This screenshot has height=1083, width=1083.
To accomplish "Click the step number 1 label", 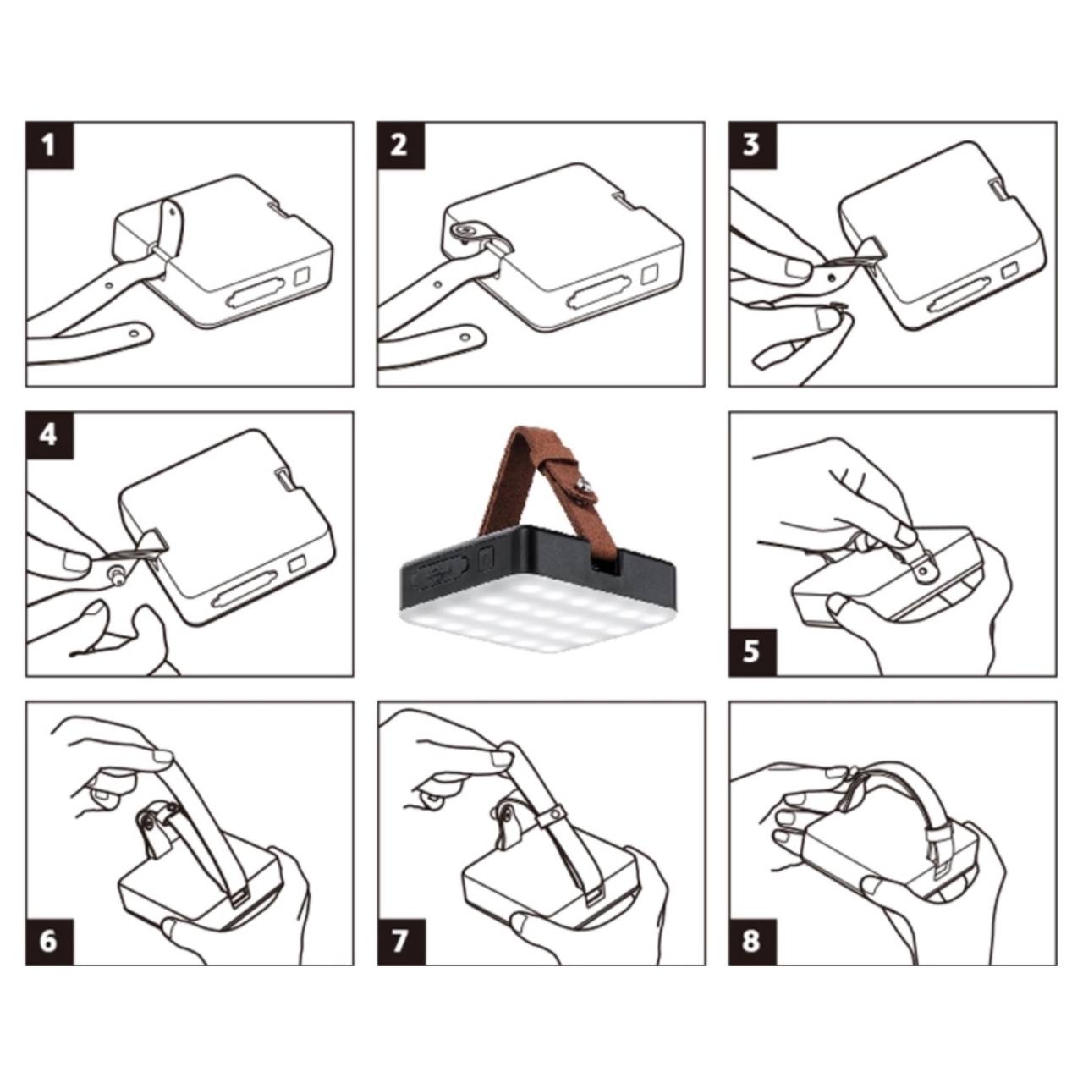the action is (49, 145).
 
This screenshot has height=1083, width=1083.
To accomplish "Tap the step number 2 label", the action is (400, 145).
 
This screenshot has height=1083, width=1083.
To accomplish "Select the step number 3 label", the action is (752, 145).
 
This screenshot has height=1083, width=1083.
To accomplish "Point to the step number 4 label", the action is (49, 435).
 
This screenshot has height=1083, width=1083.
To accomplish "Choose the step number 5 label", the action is (752, 652).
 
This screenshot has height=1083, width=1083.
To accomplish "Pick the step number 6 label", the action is (49, 942).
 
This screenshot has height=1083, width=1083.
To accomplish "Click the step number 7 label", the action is (400, 942).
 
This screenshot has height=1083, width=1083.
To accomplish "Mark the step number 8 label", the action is (752, 942).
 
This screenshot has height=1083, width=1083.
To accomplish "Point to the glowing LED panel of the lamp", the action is (536, 618).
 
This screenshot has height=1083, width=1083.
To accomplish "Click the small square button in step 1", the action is (302, 277).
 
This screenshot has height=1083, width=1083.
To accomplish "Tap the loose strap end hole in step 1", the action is (133, 333).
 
